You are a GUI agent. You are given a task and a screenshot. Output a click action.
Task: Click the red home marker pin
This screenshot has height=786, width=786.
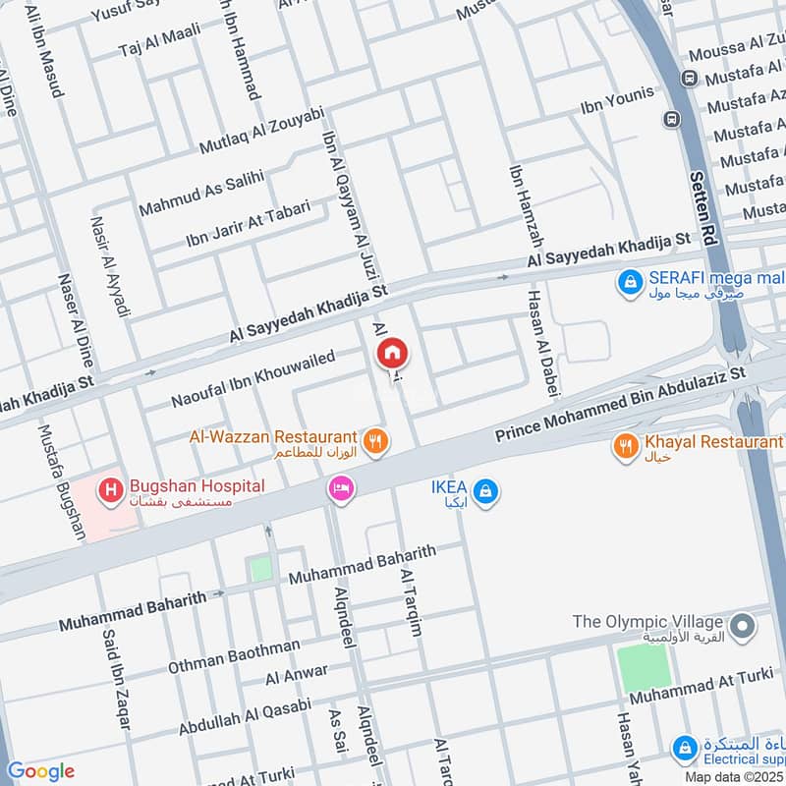391,353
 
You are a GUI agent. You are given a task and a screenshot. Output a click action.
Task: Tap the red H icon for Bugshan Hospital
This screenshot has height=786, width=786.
110,486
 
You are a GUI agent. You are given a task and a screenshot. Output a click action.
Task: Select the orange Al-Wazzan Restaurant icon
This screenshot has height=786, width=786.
373,442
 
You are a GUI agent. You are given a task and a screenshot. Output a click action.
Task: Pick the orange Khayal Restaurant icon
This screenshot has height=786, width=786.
625,447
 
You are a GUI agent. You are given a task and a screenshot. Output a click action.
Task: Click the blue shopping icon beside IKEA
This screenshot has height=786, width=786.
483,489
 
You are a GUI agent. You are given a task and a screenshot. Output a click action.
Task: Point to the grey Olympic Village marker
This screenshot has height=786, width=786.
743,624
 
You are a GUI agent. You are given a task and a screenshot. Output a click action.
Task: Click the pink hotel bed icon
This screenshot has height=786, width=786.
341,487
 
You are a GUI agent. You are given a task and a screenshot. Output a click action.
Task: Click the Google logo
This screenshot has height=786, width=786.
40,771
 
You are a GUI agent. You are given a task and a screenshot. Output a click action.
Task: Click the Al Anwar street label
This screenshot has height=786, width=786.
296,675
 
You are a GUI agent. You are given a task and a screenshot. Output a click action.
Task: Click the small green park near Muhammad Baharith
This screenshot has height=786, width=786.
260,569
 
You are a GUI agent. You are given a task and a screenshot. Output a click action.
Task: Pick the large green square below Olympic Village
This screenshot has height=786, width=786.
645,669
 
